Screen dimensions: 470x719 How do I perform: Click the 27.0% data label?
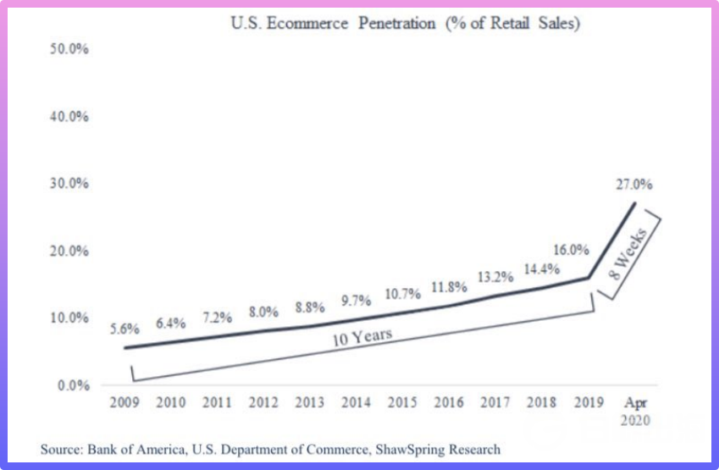click(635, 185)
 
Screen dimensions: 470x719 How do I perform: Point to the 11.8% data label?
click(450, 287)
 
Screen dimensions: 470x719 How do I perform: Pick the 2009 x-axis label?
click(125, 402)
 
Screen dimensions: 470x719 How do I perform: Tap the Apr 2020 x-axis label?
click(636, 410)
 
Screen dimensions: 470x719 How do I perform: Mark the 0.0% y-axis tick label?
click(74, 385)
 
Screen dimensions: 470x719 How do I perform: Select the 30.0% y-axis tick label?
click(70, 184)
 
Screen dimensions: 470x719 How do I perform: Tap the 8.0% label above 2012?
click(264, 311)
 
